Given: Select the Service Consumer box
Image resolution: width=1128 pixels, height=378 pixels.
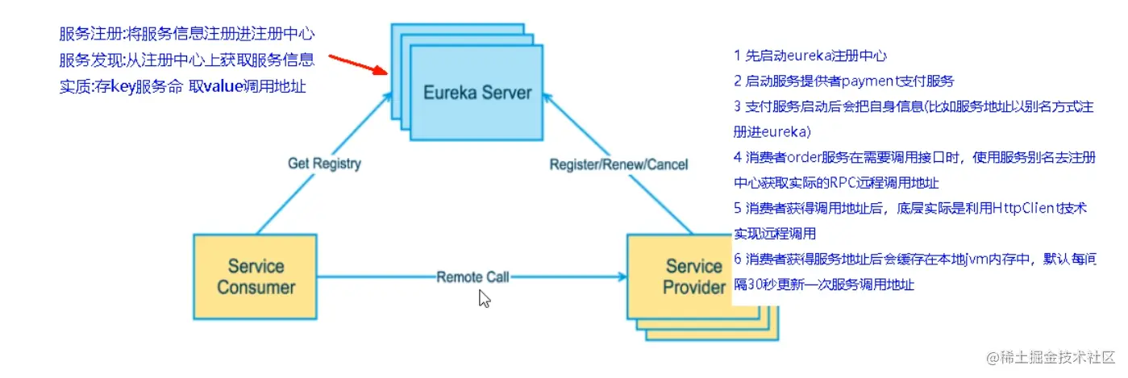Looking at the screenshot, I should (256, 276).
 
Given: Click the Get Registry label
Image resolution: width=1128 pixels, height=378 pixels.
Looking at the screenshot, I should (324, 164).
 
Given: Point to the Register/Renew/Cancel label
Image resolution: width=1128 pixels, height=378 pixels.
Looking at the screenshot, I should (618, 164).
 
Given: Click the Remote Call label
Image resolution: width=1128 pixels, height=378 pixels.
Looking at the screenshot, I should (472, 277).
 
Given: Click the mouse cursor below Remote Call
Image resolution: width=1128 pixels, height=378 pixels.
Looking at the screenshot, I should (484, 299).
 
